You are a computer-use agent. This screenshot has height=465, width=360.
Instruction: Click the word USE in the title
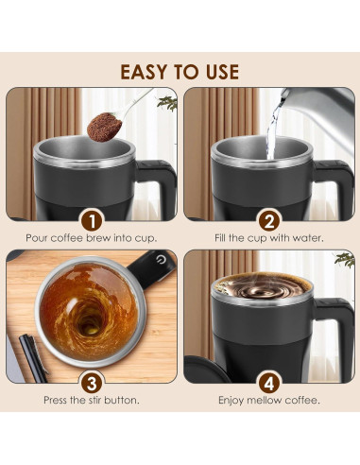218,72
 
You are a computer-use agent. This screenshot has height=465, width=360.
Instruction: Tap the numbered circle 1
92,220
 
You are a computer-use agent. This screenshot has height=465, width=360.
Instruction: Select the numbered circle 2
269,220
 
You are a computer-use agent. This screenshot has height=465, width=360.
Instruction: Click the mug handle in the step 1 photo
160,184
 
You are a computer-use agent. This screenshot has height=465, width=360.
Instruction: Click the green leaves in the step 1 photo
167,103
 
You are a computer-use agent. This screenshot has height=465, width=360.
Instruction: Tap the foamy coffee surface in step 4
258,287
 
